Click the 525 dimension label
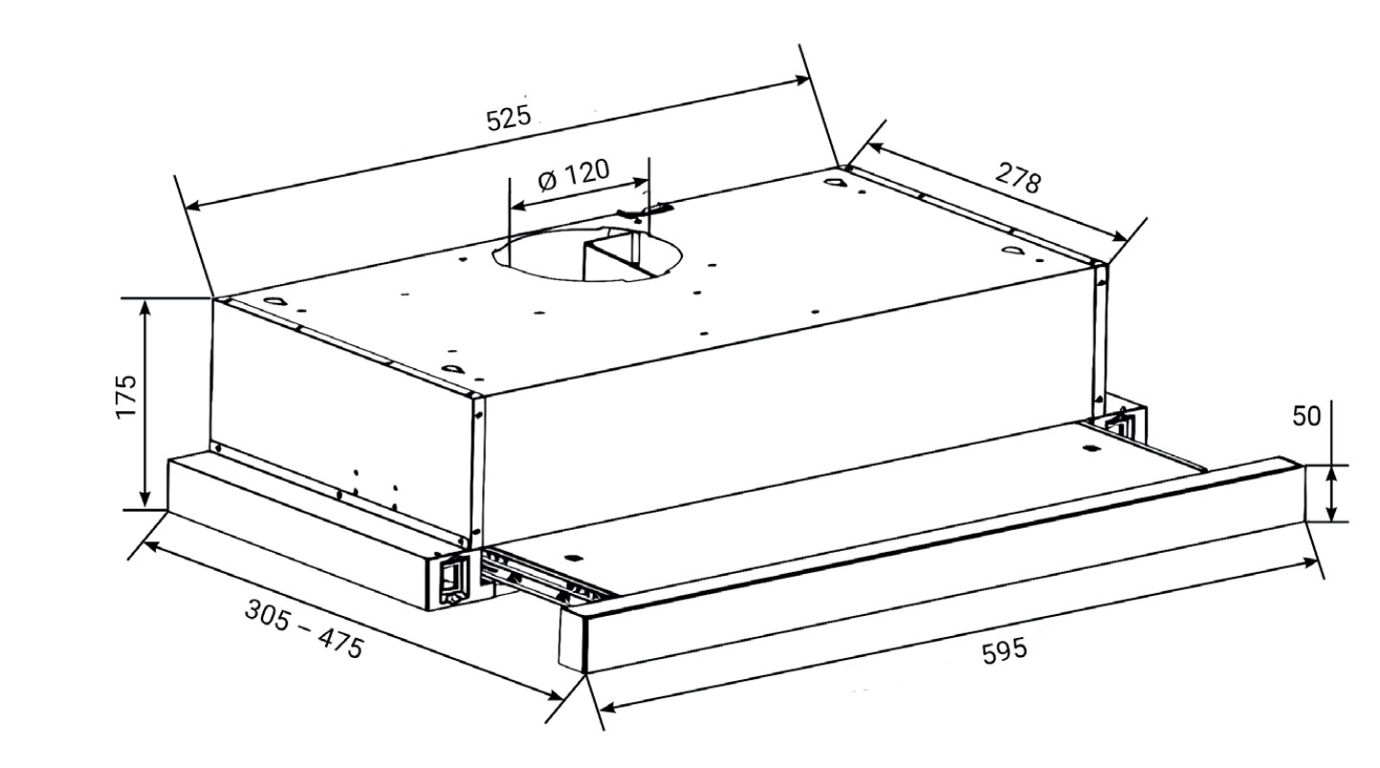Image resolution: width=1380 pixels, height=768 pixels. point(508,118)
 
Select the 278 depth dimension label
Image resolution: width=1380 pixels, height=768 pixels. point(1018,177)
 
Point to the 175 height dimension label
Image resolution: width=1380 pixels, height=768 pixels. point(126,396)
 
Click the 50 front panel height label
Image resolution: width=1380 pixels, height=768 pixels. point(1306,417)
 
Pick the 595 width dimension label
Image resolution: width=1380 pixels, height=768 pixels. point(1005,651)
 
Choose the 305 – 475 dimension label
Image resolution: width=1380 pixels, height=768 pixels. point(304,628)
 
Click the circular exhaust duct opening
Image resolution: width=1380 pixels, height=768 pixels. point(586,252)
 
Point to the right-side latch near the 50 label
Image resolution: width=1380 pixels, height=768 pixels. point(1116,425)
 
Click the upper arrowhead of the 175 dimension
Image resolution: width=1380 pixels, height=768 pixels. point(146,309)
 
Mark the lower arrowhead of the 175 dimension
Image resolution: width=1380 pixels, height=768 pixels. point(145,499)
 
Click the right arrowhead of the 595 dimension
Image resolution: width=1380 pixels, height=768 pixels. point(1308,562)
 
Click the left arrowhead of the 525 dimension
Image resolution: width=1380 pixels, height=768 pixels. point(196,207)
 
